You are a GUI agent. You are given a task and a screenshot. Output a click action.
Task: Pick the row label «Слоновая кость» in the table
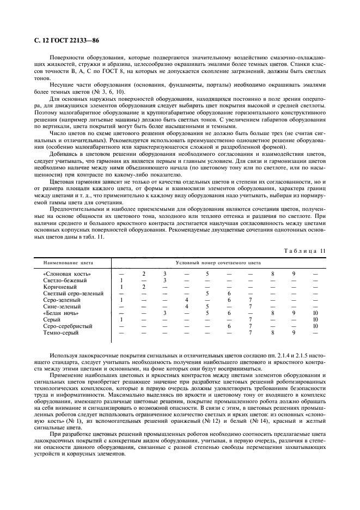(66, 274)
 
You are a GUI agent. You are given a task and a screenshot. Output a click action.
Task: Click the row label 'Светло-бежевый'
(65, 280)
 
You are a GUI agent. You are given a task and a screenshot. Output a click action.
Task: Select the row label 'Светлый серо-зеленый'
(73, 293)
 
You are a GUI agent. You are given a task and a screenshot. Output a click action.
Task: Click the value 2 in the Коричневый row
(143, 287)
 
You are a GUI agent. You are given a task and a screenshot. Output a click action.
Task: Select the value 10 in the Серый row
(315, 319)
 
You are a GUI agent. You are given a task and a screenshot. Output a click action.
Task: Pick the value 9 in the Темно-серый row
(294, 332)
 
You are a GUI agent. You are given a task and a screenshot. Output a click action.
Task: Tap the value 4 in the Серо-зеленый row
(186, 300)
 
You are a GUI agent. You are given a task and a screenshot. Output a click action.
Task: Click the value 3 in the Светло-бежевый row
(164, 280)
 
